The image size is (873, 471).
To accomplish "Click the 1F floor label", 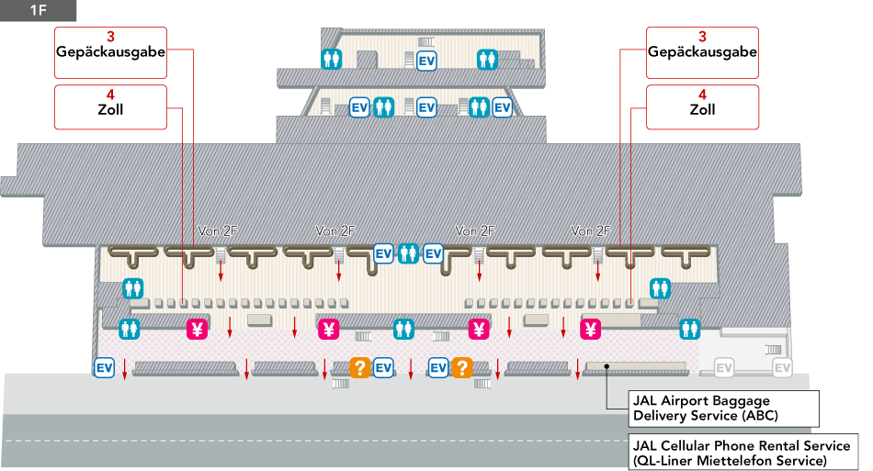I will pos(37,11).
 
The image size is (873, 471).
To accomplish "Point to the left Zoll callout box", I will pos(110,107).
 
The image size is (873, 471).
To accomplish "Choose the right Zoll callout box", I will pos(702,107).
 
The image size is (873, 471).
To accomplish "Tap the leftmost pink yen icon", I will pos(197,329).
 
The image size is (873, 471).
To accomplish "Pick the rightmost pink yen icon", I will pos(591,329).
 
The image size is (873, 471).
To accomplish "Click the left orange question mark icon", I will pos(359,368).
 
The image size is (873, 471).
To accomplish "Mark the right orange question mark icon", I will pos(461,368).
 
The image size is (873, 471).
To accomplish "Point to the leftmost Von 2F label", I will pos(219,230).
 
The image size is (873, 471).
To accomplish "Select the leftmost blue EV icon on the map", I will pos(104,368).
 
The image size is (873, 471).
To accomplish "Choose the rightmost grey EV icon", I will pos(782,368).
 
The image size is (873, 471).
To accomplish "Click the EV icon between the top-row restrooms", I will pos(426,62).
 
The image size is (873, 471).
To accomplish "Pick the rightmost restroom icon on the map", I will pos(690,328).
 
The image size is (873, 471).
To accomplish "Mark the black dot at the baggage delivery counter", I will pos(607,367).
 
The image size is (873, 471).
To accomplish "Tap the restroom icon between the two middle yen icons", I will pos(403,328).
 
